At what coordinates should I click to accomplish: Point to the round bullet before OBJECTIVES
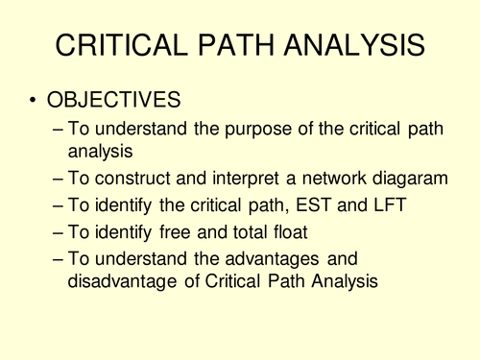(36, 101)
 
